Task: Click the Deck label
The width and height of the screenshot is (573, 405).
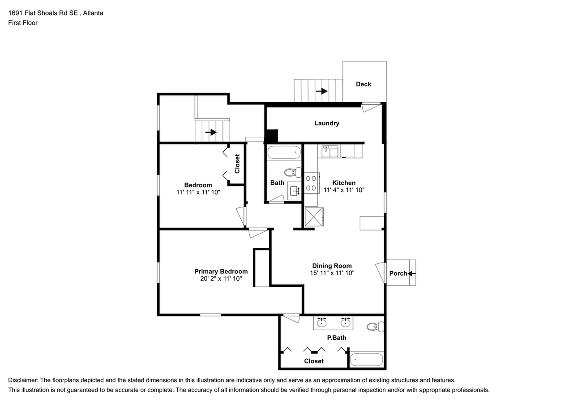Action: [363, 84]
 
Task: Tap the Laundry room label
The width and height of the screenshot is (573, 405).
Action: [326, 123]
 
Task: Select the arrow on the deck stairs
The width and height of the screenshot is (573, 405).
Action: [321, 91]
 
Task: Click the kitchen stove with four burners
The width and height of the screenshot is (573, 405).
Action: [311, 183]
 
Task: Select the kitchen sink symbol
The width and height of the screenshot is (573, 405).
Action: [330, 151]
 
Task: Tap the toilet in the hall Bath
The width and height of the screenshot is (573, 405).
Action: [294, 172]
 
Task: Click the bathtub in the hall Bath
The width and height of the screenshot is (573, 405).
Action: [284, 153]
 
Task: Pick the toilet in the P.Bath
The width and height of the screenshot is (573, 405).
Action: [375, 327]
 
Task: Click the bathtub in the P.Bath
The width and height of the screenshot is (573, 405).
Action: [366, 359]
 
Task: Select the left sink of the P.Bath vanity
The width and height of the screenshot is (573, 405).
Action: [321, 322]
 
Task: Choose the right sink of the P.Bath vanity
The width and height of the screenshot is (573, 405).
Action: [345, 322]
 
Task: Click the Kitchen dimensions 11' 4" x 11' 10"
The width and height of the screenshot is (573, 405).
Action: [344, 190]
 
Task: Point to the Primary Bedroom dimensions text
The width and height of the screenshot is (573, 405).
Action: [221, 278]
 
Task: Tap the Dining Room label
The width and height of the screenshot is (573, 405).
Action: [332, 266]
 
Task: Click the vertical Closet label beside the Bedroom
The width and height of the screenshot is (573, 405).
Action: [237, 164]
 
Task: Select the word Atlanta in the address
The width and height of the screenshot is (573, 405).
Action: [93, 13]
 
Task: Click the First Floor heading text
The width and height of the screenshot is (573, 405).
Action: [23, 23]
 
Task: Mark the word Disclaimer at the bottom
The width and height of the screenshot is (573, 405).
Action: [23, 380]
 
